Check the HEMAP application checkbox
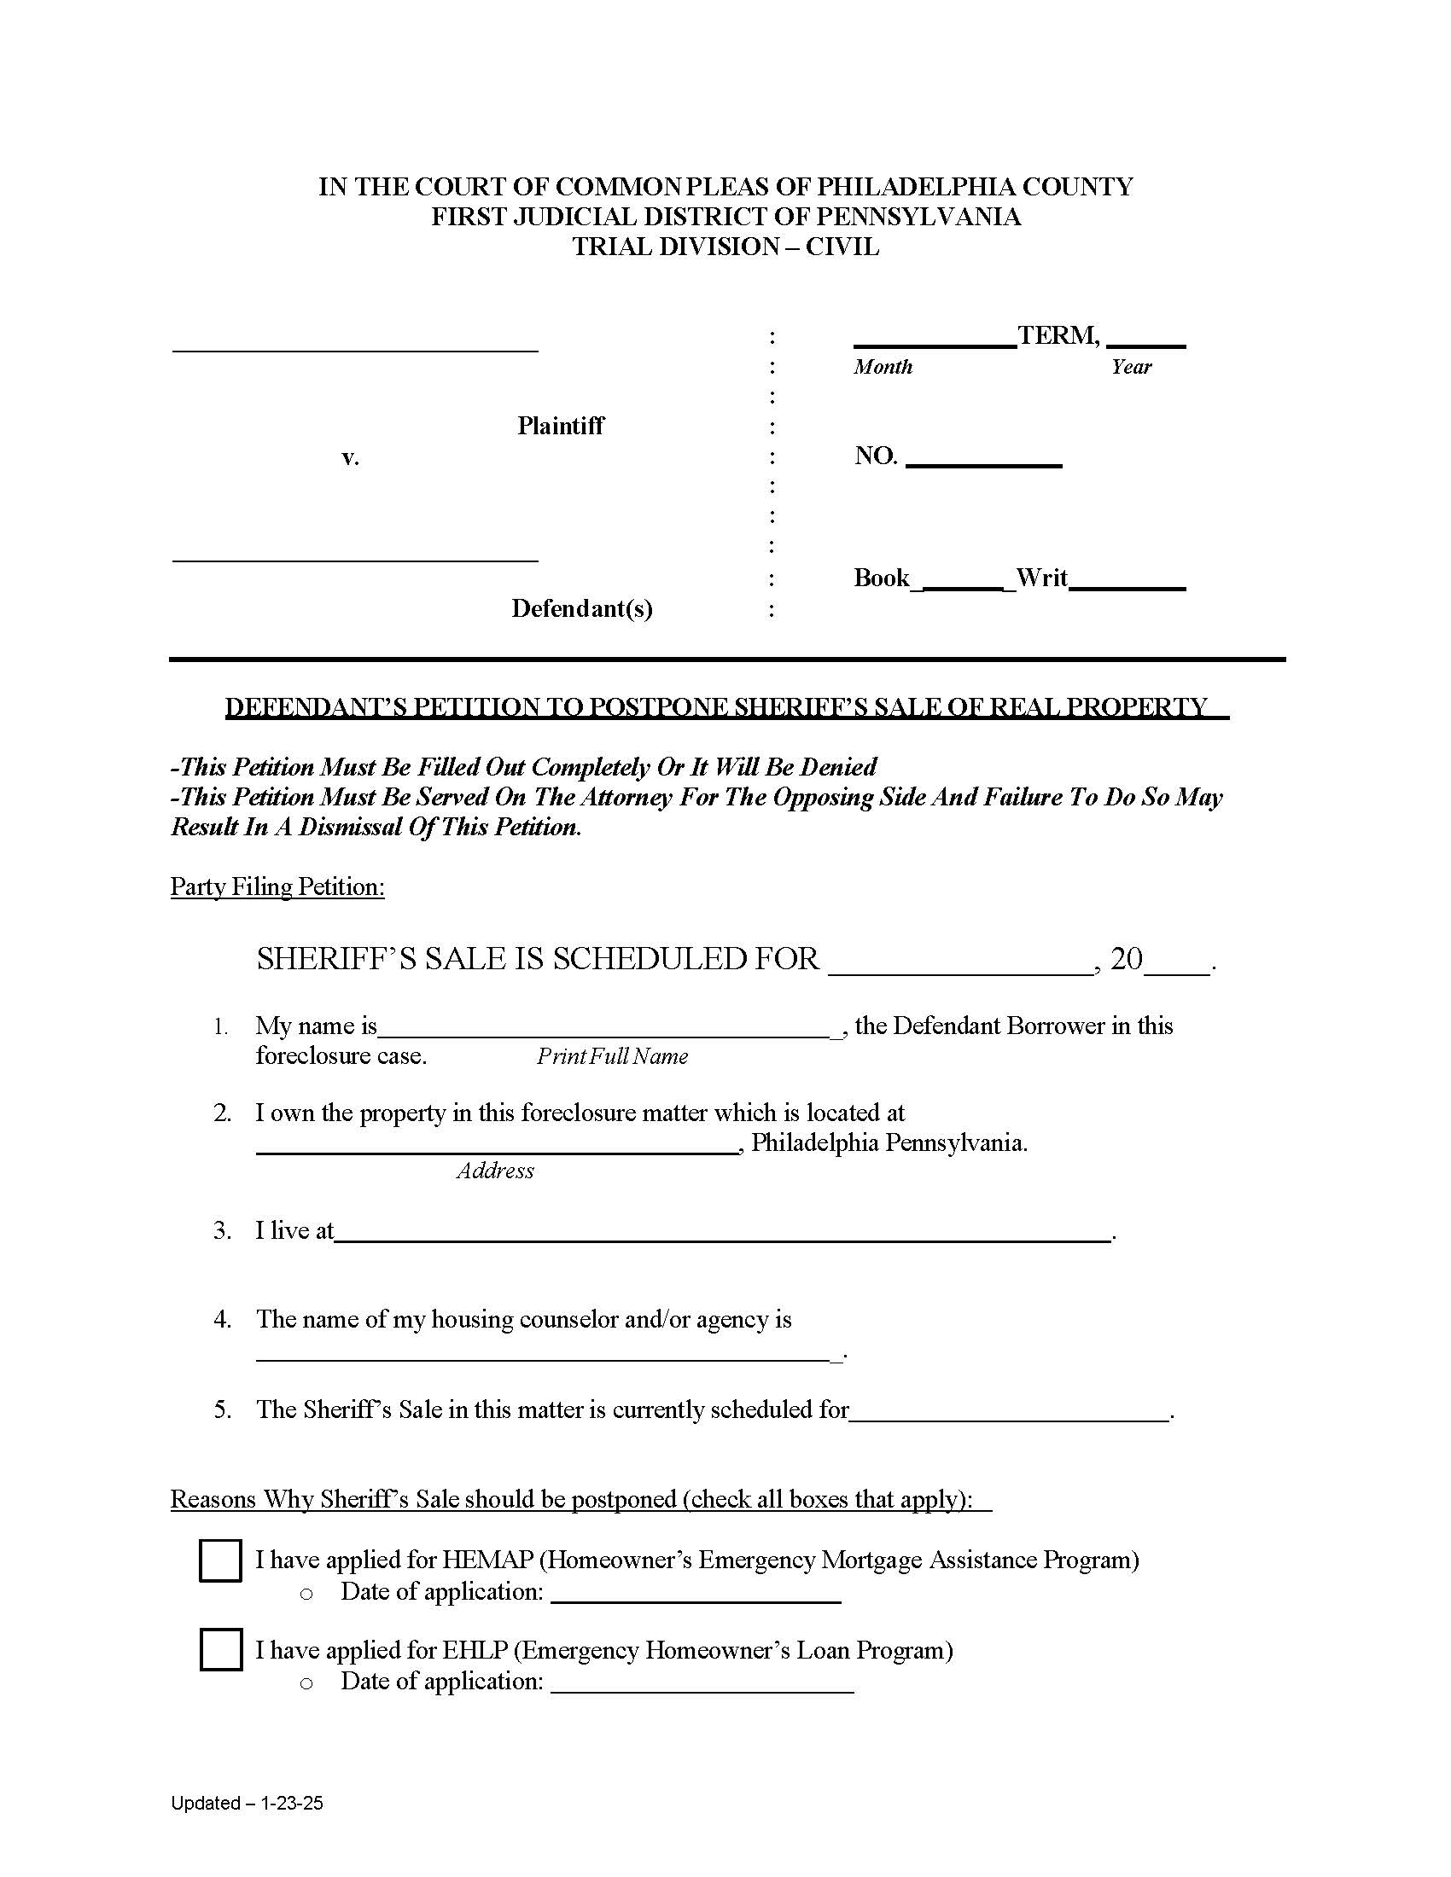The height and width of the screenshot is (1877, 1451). coord(220,1560)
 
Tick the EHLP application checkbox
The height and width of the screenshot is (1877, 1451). coord(220,1650)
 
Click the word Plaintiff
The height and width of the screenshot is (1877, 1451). coord(561,427)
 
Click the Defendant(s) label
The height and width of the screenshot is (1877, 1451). coord(582,608)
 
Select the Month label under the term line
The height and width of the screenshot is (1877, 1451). coord(883,367)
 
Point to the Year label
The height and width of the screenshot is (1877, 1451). coord(1130,367)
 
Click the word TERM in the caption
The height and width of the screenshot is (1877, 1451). coord(1057,335)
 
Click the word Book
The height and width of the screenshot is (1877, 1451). coord(881,578)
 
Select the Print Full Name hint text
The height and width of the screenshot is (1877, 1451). coord(612,1056)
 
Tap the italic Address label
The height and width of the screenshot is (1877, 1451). coord(495,1171)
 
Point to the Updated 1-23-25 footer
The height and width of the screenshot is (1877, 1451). coord(247,1803)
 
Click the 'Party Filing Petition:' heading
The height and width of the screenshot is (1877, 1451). coord(277,887)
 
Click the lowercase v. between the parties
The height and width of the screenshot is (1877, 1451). coord(350,457)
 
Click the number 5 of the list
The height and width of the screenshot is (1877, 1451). coord(223,1409)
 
